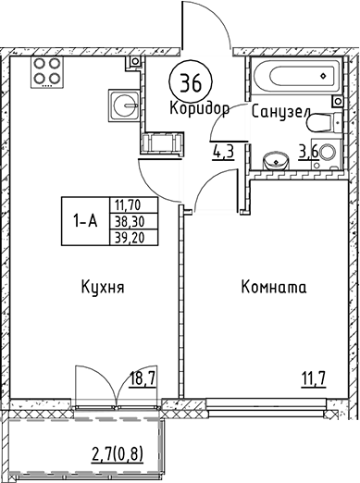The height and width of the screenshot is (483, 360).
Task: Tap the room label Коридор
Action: (x=199, y=108)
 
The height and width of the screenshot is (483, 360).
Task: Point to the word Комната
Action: (x=273, y=288)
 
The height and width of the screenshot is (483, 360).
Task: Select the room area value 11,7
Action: (x=315, y=377)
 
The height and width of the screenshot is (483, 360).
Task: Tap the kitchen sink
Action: (x=122, y=104)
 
